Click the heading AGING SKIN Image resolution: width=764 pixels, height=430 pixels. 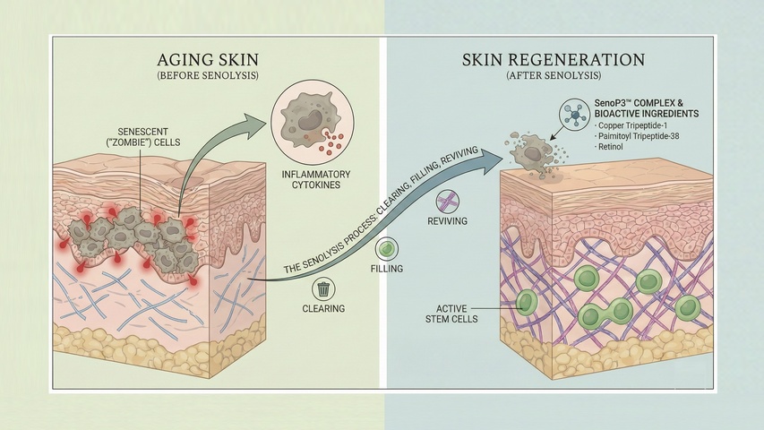click(x=208, y=60)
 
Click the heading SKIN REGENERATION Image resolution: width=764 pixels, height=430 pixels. click(x=553, y=60)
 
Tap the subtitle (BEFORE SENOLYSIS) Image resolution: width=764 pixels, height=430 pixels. click(x=208, y=77)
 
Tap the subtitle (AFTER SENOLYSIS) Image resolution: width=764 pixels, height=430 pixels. click(x=553, y=77)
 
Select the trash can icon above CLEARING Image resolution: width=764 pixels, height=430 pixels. click(x=323, y=289)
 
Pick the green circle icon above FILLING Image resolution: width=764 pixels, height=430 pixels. click(x=386, y=249)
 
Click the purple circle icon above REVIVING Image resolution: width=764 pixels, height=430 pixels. click(x=449, y=201)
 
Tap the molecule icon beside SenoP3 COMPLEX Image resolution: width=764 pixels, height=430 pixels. click(x=572, y=114)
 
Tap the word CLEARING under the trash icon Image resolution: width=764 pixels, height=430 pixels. click(x=323, y=309)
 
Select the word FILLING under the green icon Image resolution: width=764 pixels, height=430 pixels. click(x=386, y=268)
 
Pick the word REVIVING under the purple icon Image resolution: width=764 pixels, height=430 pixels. click(x=449, y=220)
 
